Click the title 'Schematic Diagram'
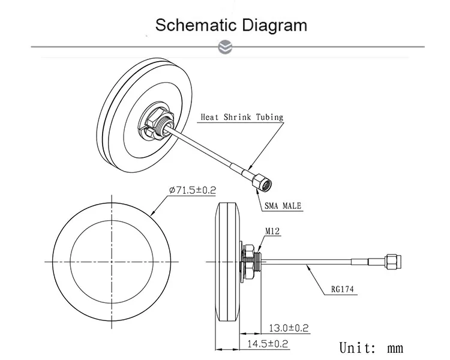pyautogui.click(x=231, y=25)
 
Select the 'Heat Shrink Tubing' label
pyautogui.click(x=241, y=118)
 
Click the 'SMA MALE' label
pyautogui.click(x=283, y=206)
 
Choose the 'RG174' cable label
pyautogui.click(x=343, y=289)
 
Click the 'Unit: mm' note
pyautogui.click(x=371, y=347)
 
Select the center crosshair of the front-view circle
pyautogui.click(x=112, y=262)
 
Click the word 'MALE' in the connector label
pyautogui.click(x=292, y=206)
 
